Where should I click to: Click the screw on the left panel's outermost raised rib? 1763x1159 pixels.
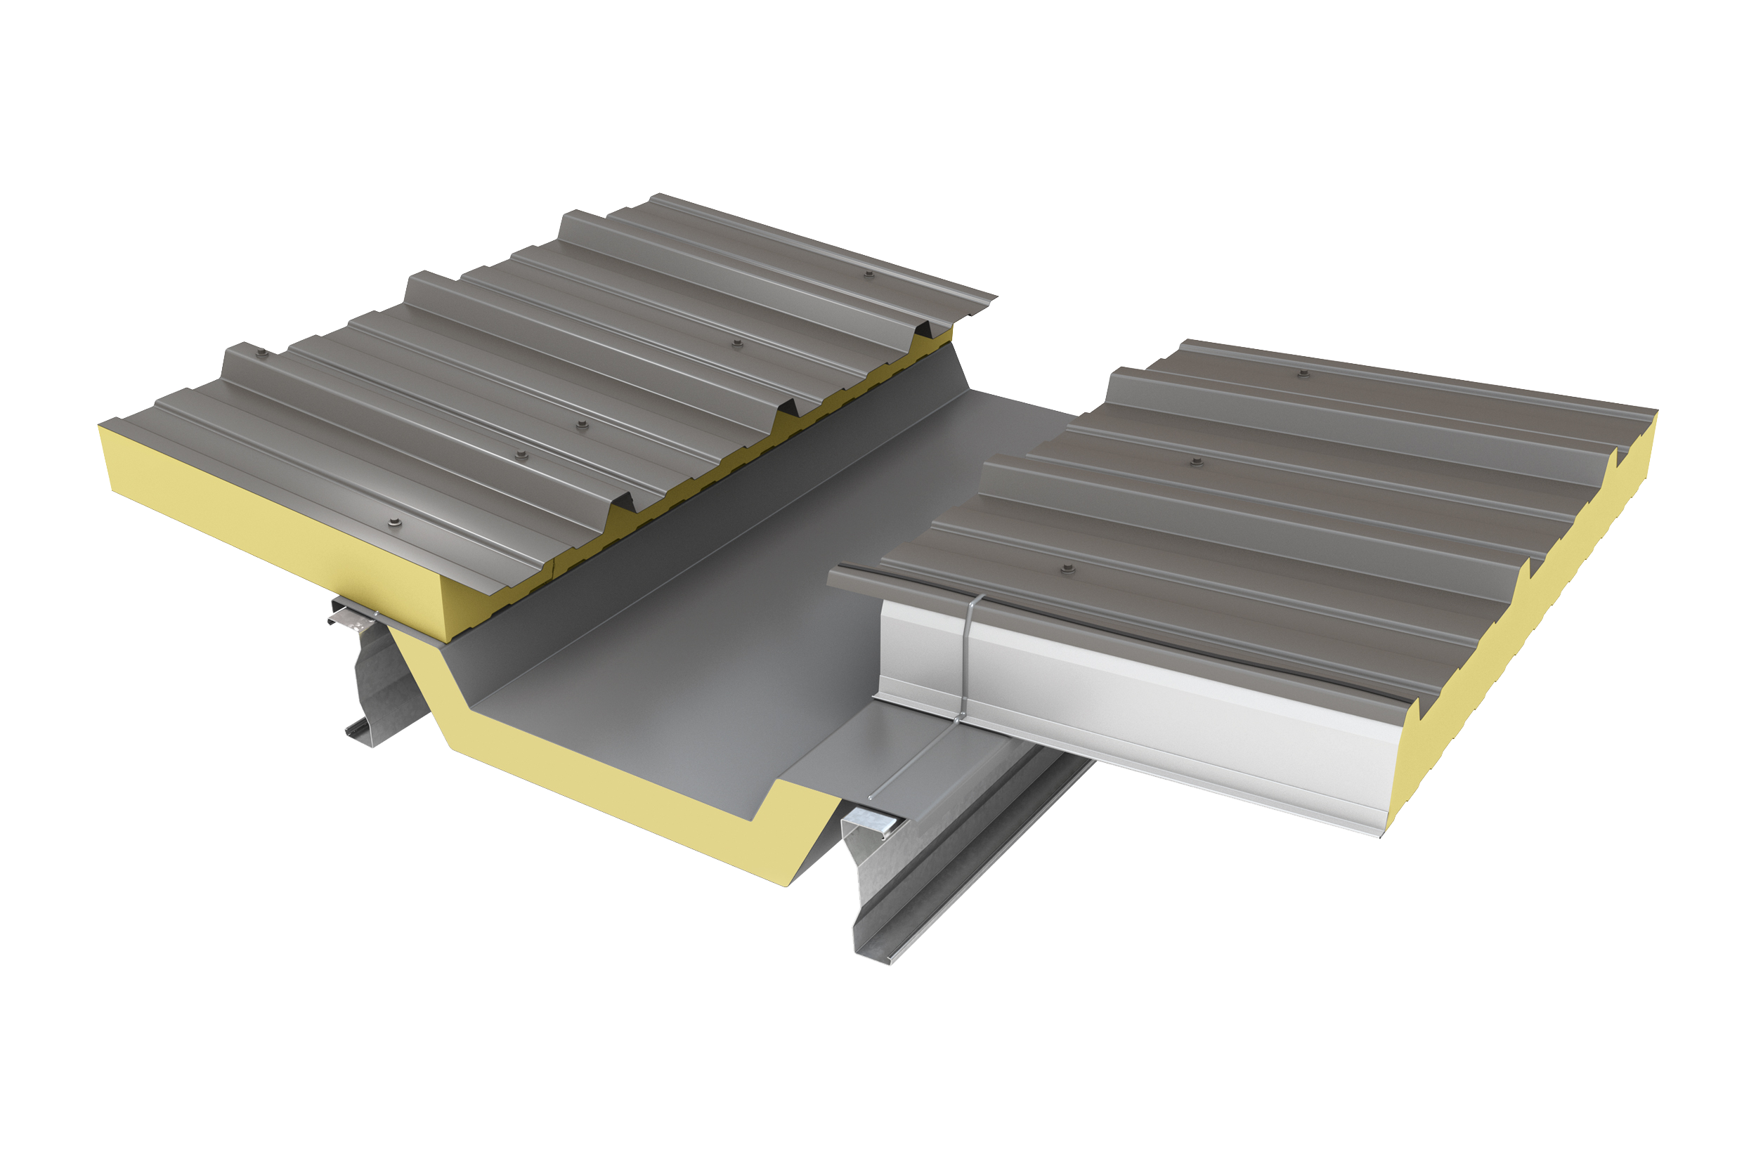click(x=261, y=354)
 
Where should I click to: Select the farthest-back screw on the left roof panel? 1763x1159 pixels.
click(x=869, y=274)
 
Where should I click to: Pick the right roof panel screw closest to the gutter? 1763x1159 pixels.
click(x=1067, y=569)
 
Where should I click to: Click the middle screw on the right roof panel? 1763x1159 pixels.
click(x=1195, y=462)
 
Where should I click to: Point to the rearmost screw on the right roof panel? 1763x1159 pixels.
click(x=1303, y=373)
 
